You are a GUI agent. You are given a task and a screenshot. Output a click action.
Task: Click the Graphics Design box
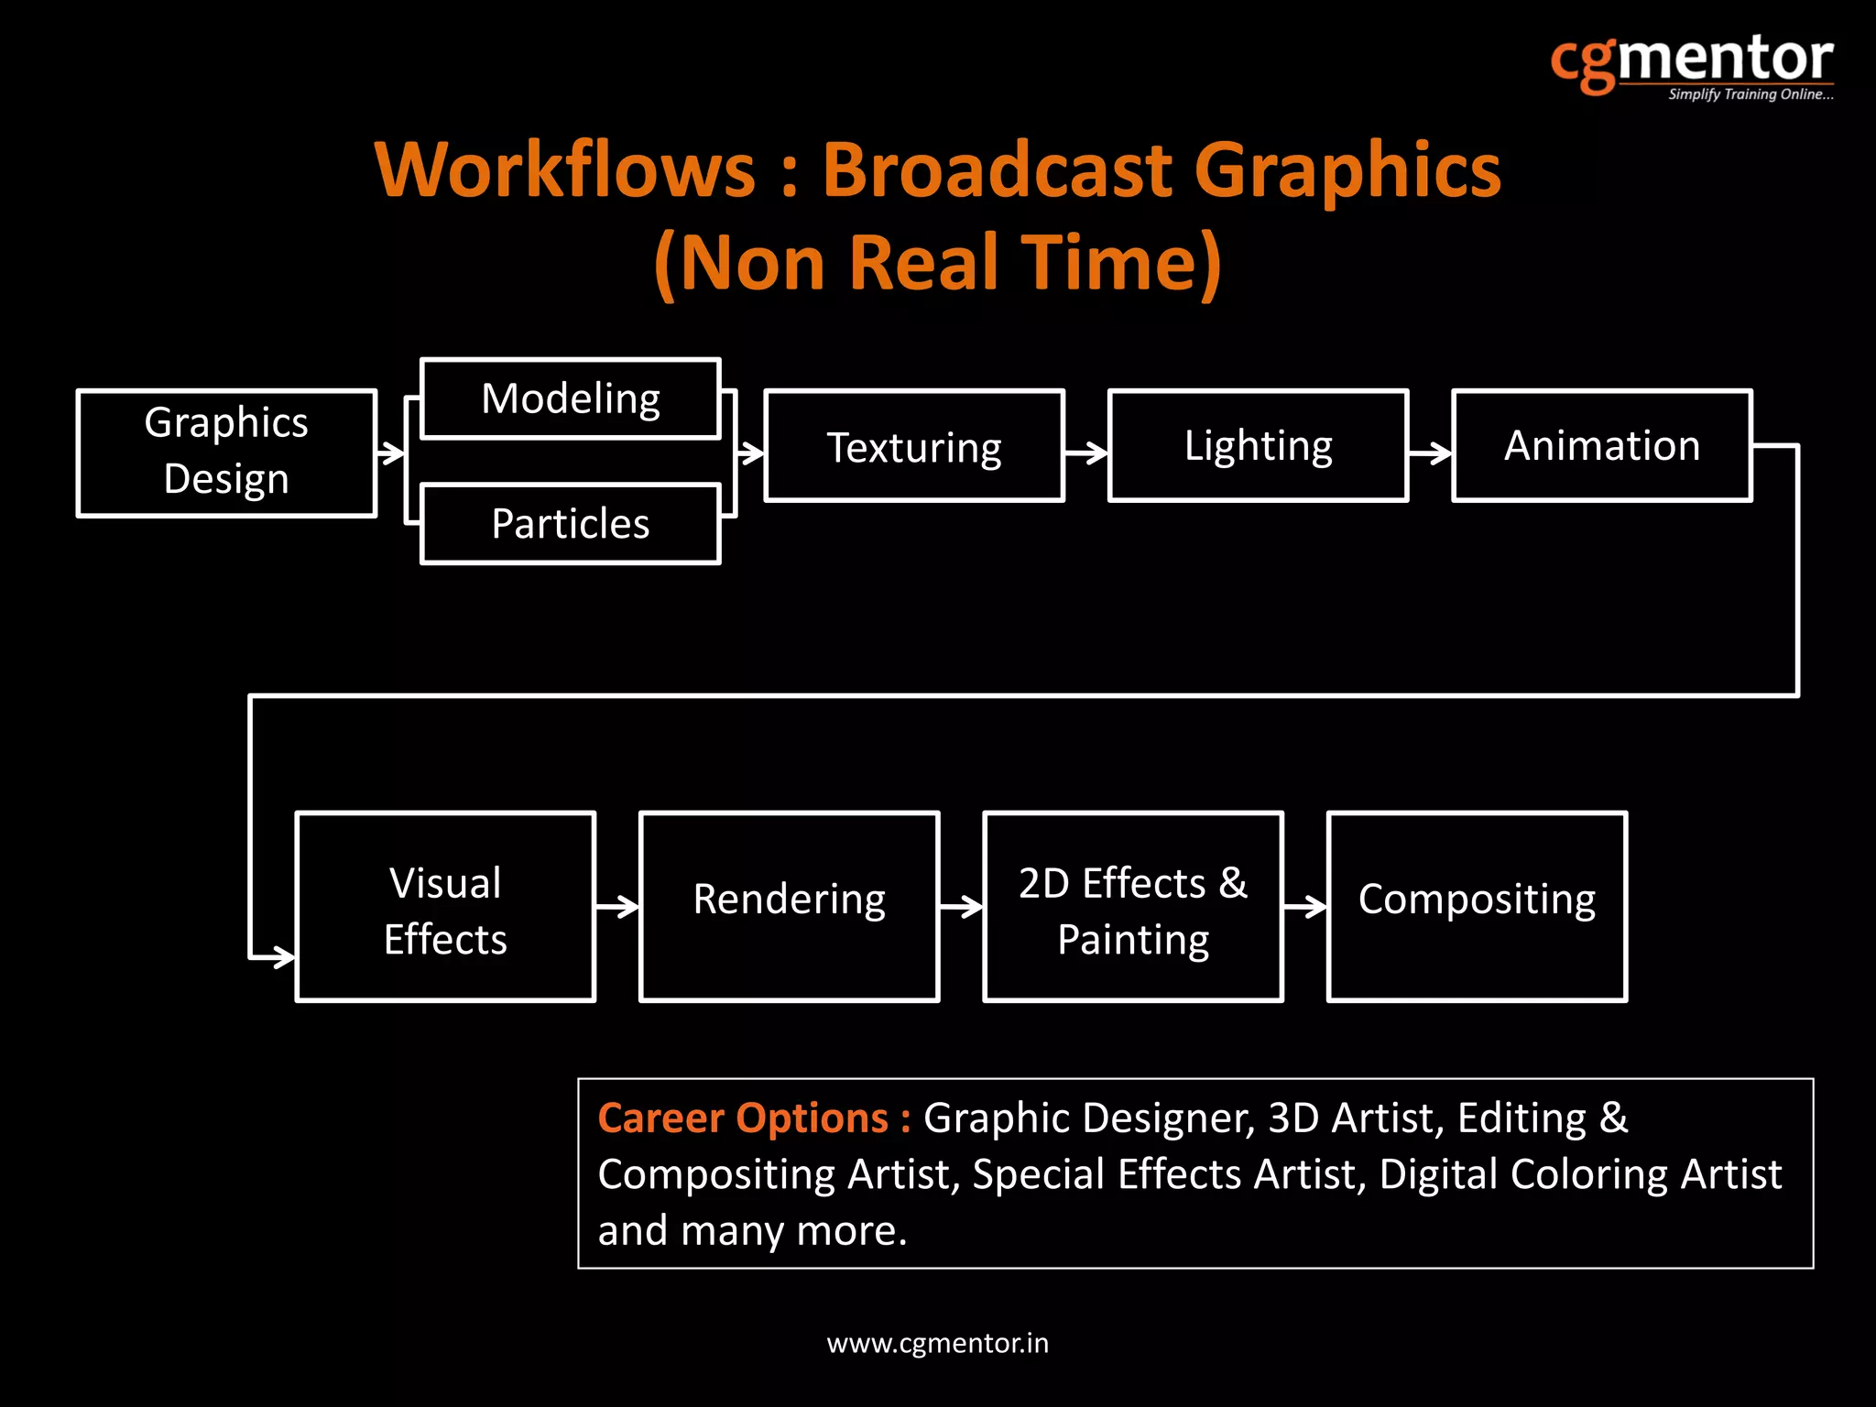click(226, 453)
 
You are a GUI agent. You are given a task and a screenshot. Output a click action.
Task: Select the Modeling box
click(570, 399)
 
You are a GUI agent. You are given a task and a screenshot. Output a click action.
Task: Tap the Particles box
click(570, 524)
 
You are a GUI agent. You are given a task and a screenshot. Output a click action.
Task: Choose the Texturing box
click(914, 446)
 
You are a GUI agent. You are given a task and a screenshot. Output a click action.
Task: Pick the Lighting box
click(1258, 446)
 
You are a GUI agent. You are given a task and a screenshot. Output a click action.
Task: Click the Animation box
click(1602, 446)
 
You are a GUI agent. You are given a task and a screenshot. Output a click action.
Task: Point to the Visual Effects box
click(445, 907)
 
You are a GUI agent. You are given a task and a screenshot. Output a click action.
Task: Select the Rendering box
click(789, 907)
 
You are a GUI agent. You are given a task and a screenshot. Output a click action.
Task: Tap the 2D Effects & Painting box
click(1133, 907)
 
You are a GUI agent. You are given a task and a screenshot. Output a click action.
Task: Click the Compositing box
click(1477, 907)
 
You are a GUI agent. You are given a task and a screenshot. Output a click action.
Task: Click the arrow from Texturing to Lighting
click(1086, 452)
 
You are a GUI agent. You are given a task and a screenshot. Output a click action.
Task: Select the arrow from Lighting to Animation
click(1430, 452)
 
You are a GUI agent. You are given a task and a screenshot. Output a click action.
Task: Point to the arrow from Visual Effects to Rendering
click(617, 907)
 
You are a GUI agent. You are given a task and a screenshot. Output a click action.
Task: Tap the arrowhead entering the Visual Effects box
click(284, 958)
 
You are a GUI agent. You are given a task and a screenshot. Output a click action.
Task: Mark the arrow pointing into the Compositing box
click(1305, 907)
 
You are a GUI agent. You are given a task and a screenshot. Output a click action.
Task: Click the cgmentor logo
click(1692, 62)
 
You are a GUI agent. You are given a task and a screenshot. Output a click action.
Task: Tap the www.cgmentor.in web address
click(937, 1344)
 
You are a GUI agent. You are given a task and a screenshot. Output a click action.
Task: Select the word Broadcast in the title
click(997, 170)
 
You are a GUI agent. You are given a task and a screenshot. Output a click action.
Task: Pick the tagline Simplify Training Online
click(1751, 94)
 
